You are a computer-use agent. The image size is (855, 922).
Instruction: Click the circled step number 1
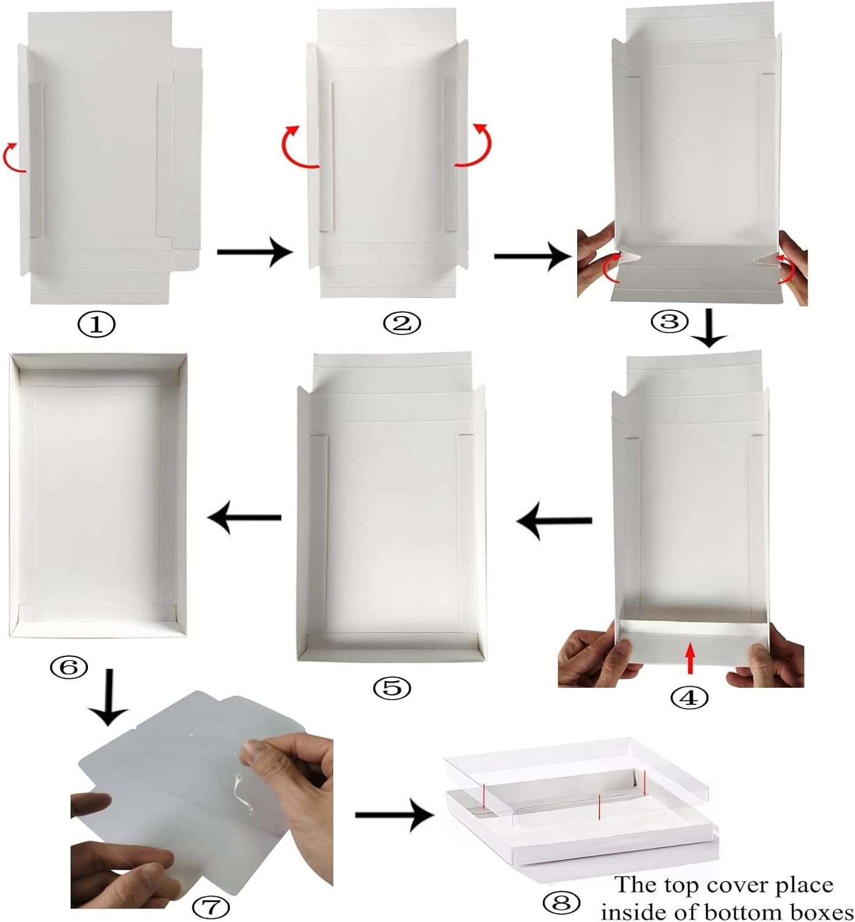(97, 324)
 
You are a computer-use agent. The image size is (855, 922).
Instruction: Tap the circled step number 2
(402, 323)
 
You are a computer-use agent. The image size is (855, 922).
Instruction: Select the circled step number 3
(669, 321)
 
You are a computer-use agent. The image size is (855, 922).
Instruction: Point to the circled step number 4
(689, 698)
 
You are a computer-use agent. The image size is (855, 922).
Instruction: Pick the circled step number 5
(392, 688)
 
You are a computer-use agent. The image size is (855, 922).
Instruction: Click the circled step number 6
(69, 667)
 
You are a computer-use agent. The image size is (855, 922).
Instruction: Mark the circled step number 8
(562, 902)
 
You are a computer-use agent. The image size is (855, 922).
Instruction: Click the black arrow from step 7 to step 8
(394, 815)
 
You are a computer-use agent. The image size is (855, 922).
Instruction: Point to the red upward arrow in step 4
(690, 657)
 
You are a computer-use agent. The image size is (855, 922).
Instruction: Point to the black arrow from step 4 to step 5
(554, 521)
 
